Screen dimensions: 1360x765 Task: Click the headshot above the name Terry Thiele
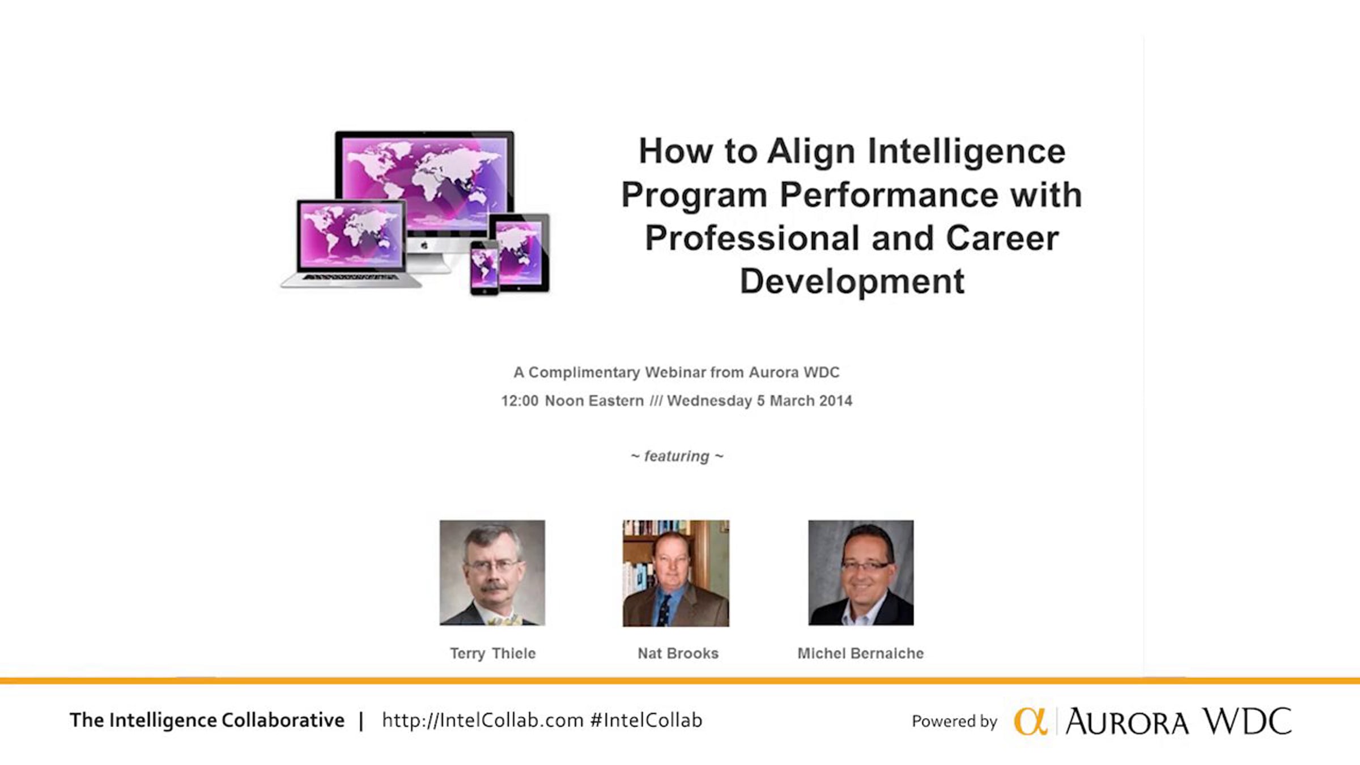coord(492,573)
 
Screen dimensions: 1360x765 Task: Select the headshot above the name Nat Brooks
coord(676,573)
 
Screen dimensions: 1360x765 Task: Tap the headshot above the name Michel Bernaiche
coord(861,573)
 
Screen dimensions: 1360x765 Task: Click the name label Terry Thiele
coord(492,653)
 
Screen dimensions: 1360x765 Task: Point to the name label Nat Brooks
coord(678,653)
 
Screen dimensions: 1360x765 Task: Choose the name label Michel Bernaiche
coord(861,653)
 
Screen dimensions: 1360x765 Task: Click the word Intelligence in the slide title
coord(967,152)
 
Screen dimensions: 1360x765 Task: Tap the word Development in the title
coord(852,281)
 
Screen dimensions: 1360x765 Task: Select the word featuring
coord(677,456)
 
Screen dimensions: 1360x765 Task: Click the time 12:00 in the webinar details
coord(520,401)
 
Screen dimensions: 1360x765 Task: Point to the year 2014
coord(835,401)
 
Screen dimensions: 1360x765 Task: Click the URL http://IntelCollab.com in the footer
coord(483,720)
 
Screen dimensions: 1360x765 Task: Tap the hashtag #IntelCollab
coord(646,720)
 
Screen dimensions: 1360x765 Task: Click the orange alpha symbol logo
coord(1031,721)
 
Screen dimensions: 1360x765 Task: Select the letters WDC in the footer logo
coord(1247,721)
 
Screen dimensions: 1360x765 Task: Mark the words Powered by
coord(954,721)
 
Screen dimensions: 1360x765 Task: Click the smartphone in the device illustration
coord(484,267)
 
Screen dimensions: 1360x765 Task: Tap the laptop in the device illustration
coord(351,244)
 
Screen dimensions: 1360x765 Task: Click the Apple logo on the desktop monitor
coord(424,245)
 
